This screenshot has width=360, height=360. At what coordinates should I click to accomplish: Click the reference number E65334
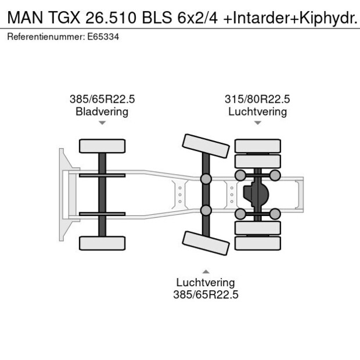click(103, 36)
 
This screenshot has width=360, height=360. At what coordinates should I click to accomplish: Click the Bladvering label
click(102, 111)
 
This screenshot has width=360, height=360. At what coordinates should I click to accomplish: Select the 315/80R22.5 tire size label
click(257, 100)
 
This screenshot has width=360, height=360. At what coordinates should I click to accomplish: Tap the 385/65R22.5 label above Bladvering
click(102, 100)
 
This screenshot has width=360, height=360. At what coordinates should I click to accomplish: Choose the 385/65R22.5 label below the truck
click(206, 294)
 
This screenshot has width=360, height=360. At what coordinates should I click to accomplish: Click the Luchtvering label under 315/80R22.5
click(257, 111)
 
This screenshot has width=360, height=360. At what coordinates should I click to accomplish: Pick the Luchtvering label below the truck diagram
click(206, 283)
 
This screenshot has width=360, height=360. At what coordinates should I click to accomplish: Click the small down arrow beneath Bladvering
click(102, 123)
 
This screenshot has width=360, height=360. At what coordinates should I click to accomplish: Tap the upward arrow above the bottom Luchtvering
click(206, 271)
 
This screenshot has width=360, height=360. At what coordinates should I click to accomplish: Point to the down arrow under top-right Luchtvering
click(257, 123)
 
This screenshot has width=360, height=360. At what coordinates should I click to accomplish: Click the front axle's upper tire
click(102, 146)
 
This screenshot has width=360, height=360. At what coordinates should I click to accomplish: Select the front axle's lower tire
click(102, 243)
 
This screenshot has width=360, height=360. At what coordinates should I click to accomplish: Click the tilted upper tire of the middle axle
click(205, 145)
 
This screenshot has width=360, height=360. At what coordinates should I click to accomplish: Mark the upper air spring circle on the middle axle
click(206, 178)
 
